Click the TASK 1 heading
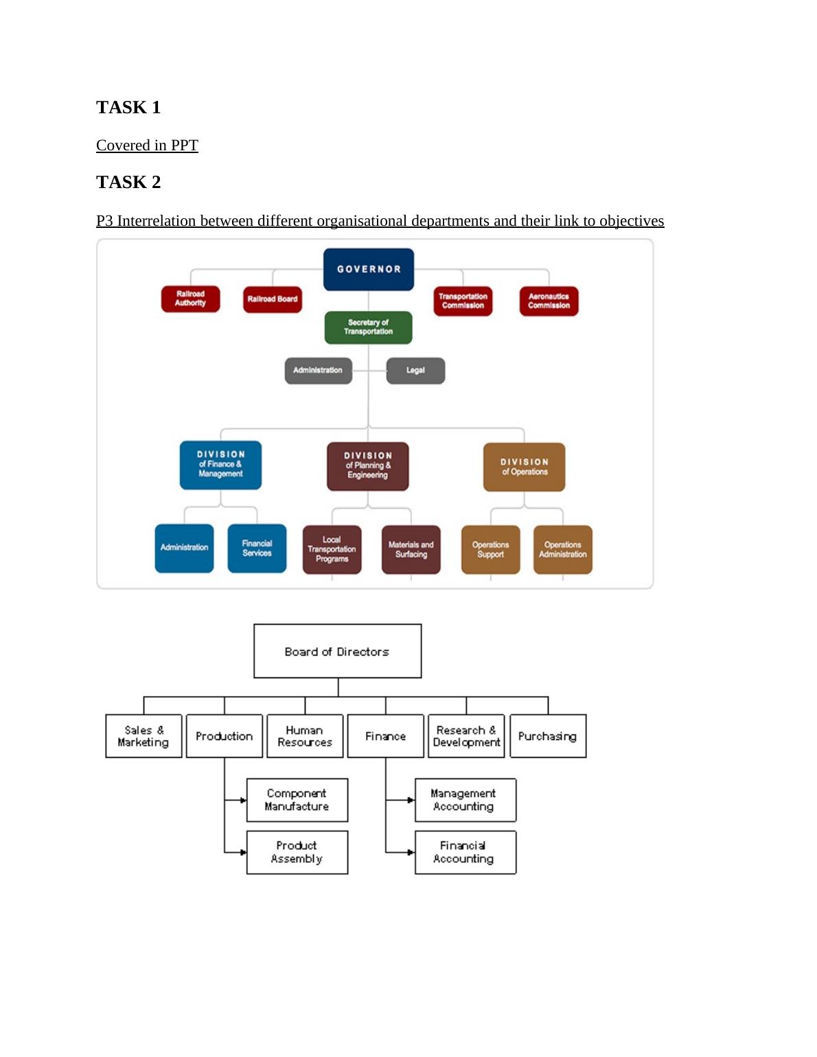tap(128, 107)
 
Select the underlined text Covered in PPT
tap(147, 146)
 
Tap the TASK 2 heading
tap(128, 182)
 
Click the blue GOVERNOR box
tap(369, 269)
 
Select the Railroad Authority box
tap(190, 299)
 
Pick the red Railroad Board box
tap(273, 299)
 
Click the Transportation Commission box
tap(463, 301)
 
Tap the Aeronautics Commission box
tap(549, 301)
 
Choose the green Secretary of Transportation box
tap(369, 327)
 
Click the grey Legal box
tap(415, 371)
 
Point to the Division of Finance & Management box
tap(220, 465)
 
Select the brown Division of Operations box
tap(525, 467)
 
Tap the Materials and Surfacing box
tap(411, 549)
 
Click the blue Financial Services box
tap(257, 548)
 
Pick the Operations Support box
tap(490, 549)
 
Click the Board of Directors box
tap(337, 651)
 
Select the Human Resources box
tap(305, 736)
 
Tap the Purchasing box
tap(548, 736)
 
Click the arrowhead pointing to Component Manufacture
tap(243, 800)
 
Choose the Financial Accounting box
tap(465, 852)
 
